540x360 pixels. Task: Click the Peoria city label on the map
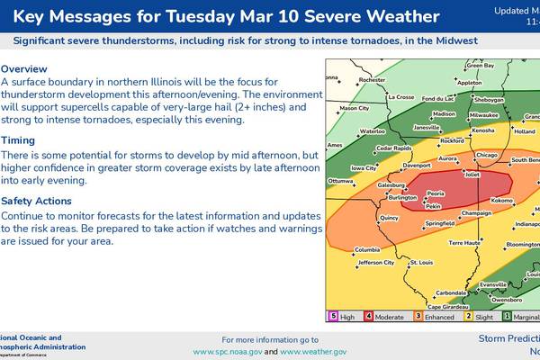pyautogui.click(x=436, y=193)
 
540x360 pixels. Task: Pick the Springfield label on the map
pyautogui.click(x=438, y=222)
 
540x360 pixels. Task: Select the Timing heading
pyautogui.click(x=19, y=140)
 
